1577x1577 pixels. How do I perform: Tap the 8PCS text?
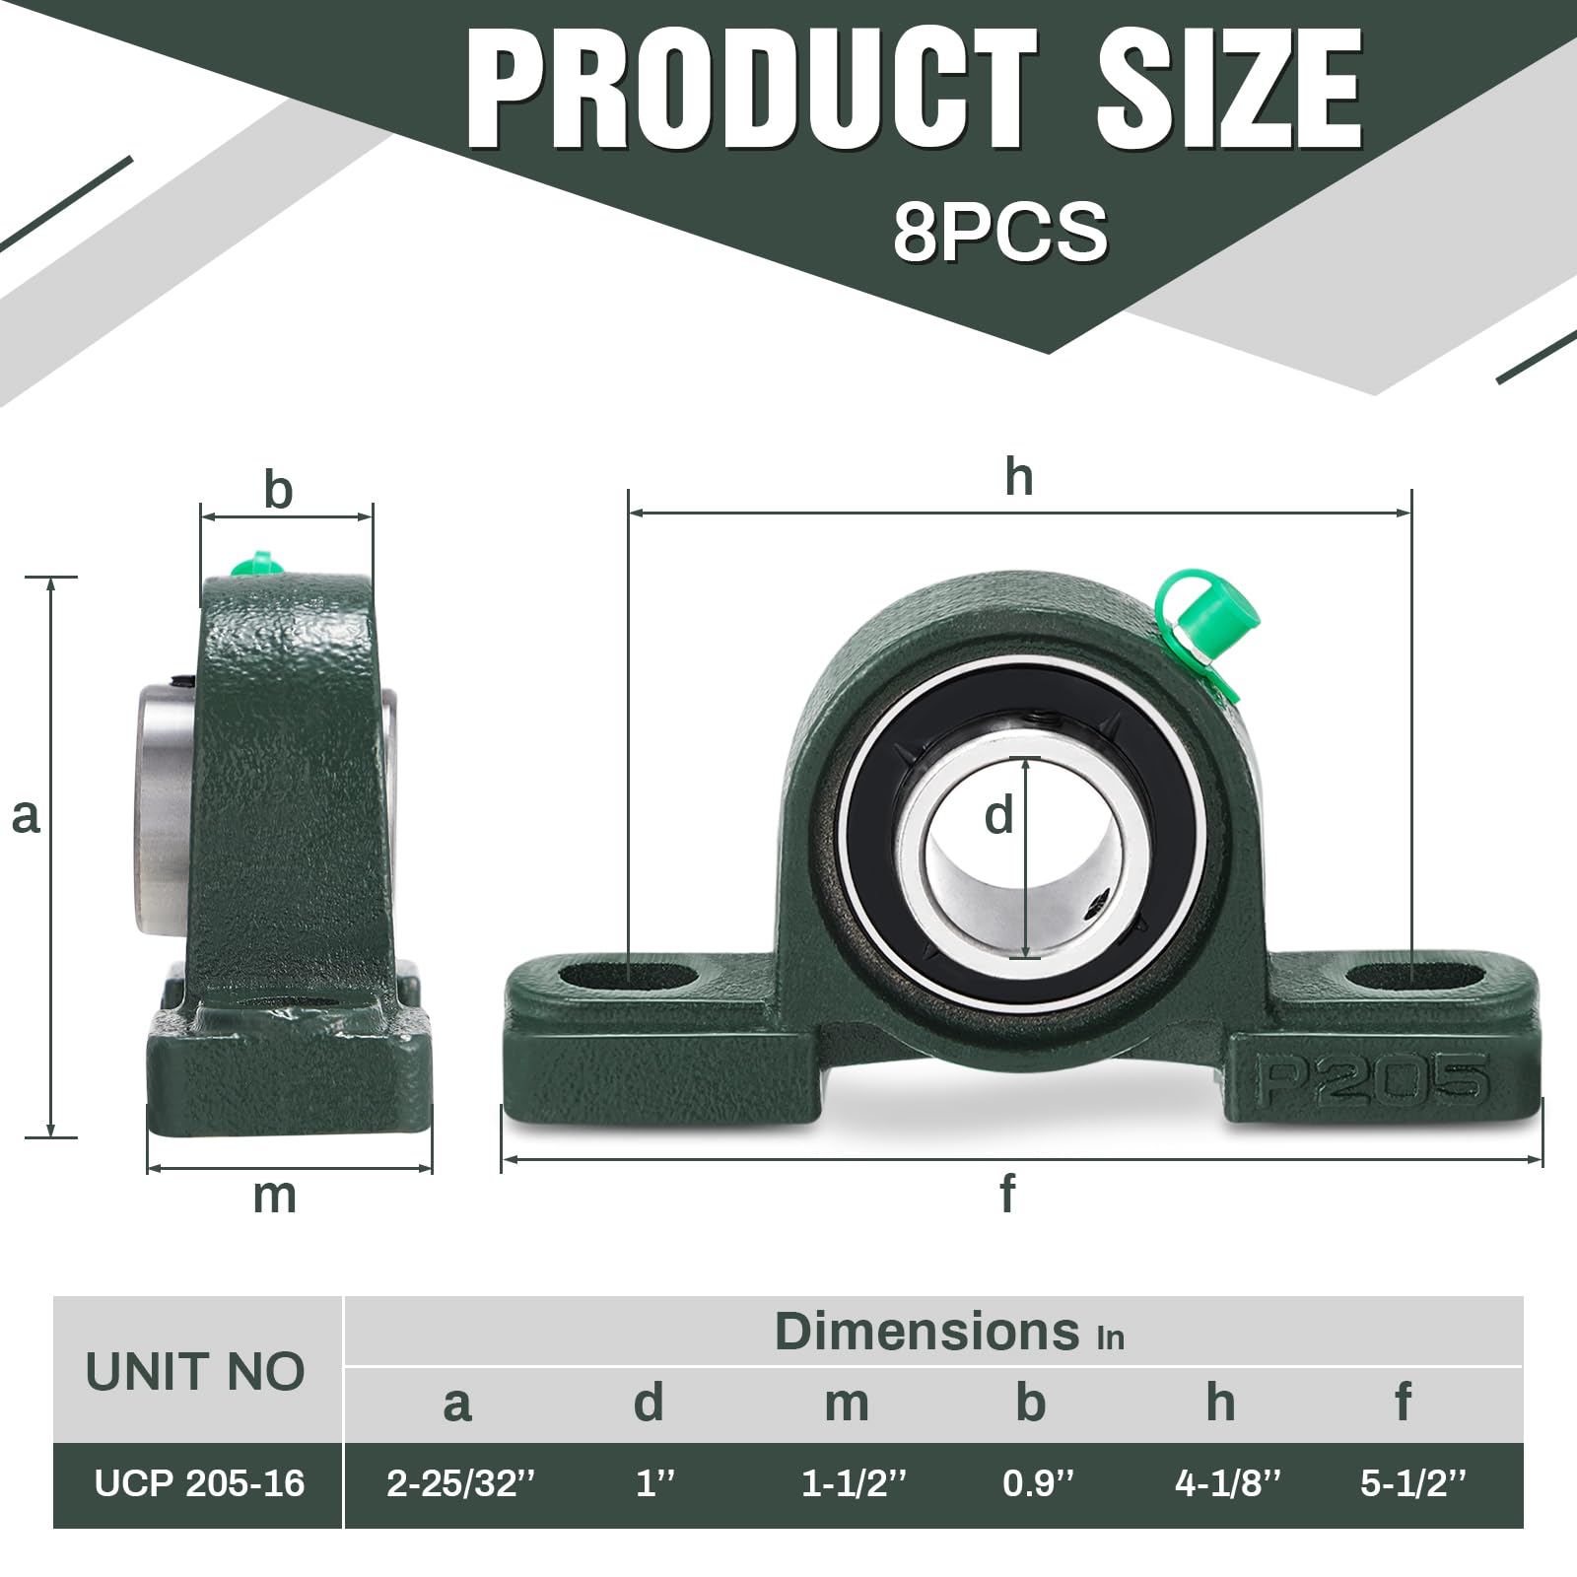(999, 232)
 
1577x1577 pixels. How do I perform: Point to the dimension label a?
(26, 816)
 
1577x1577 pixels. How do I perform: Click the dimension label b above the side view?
(279, 490)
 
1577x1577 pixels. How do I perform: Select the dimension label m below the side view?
(274, 1196)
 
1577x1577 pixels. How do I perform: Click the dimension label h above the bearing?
(1019, 478)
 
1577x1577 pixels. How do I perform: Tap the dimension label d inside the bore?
(998, 816)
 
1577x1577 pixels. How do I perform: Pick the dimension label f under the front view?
(1006, 1194)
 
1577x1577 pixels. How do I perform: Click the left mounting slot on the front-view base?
(628, 976)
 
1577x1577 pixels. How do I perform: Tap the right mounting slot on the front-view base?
(1413, 976)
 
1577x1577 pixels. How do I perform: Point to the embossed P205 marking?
(1370, 1079)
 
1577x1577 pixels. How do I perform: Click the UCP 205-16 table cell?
(199, 1483)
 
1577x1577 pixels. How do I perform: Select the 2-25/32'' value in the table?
(460, 1483)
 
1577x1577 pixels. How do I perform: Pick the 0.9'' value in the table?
(1038, 1483)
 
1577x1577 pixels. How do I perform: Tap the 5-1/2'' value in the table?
(1413, 1483)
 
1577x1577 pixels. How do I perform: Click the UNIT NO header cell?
(195, 1371)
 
